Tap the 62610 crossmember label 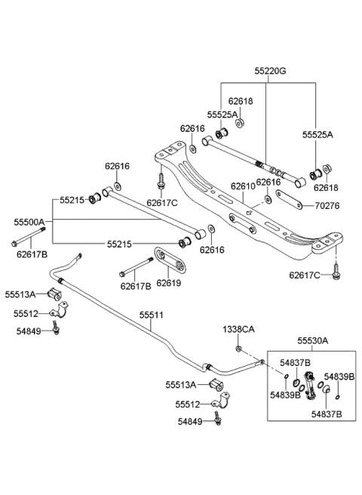[x=242, y=186]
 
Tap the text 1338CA [x=238, y=329]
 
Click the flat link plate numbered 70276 [x=288, y=200]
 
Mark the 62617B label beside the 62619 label [x=135, y=286]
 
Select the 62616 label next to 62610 [x=268, y=182]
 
